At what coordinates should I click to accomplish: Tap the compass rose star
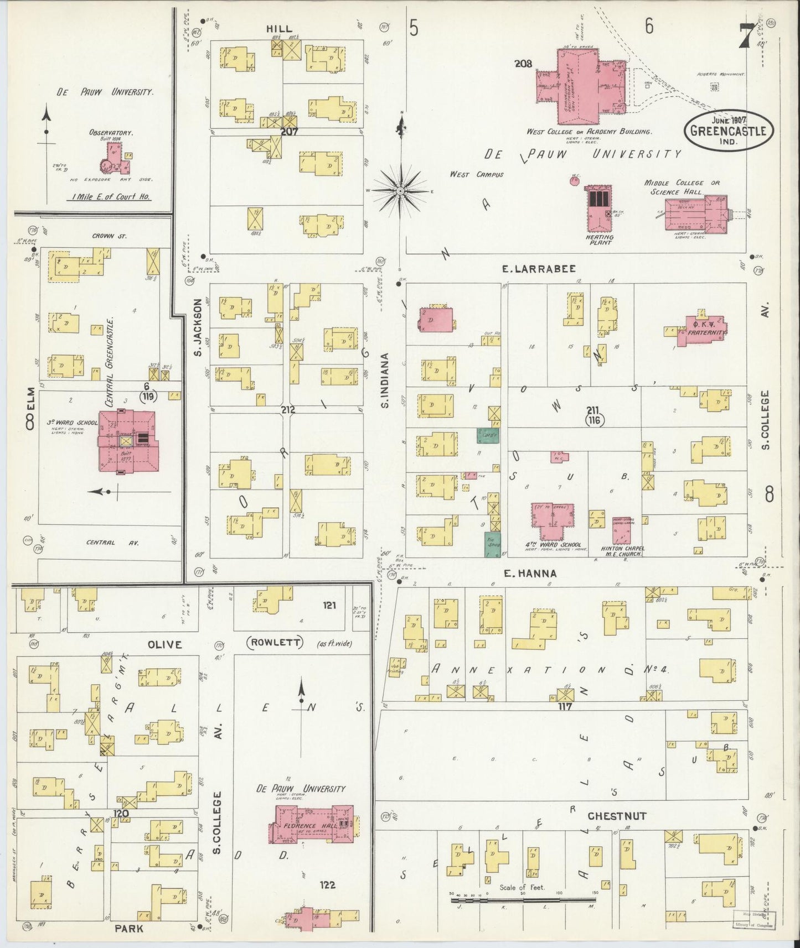(x=400, y=191)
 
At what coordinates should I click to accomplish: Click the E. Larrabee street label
(x=539, y=269)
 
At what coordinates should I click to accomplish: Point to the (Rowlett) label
(x=275, y=643)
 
